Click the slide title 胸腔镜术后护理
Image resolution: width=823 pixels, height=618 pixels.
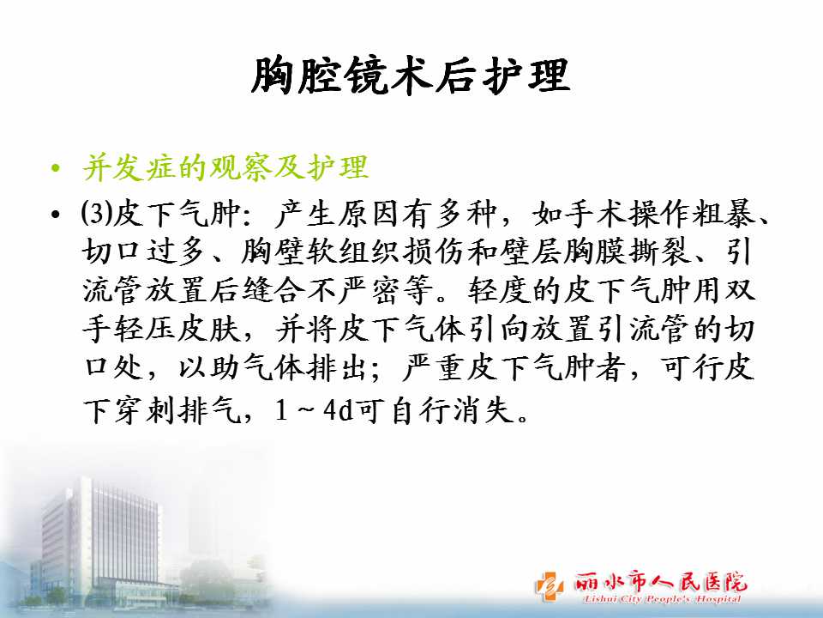(x=410, y=76)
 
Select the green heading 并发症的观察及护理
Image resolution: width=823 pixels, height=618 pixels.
(x=225, y=168)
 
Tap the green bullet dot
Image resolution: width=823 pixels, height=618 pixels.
(x=56, y=169)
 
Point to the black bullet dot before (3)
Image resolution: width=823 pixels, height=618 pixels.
(x=56, y=215)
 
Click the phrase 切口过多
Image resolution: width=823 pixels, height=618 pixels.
(x=143, y=251)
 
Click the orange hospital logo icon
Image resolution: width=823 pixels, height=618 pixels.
(x=549, y=586)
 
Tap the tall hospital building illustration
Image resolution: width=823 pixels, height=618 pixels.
(x=99, y=542)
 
